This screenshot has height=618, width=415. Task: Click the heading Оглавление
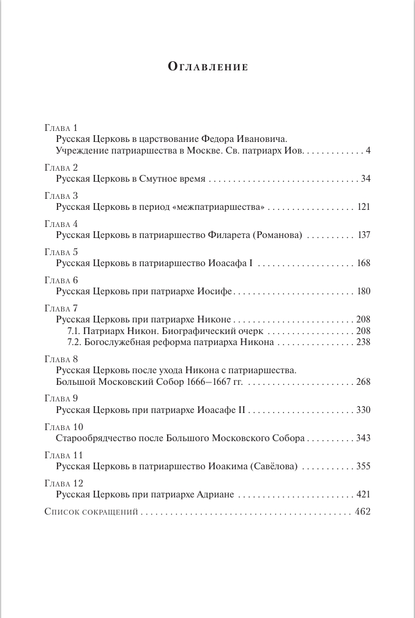207,67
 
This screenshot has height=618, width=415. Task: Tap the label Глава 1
62,128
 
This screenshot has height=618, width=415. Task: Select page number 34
366,179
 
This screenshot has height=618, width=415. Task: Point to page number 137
364,236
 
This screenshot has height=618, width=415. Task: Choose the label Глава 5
62,251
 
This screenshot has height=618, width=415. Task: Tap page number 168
364,264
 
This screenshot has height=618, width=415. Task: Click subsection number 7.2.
73,342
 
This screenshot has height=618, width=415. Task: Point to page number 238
364,342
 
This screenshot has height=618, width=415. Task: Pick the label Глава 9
62,398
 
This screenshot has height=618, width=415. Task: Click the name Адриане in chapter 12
217,495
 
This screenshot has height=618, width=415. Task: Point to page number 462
363,512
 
